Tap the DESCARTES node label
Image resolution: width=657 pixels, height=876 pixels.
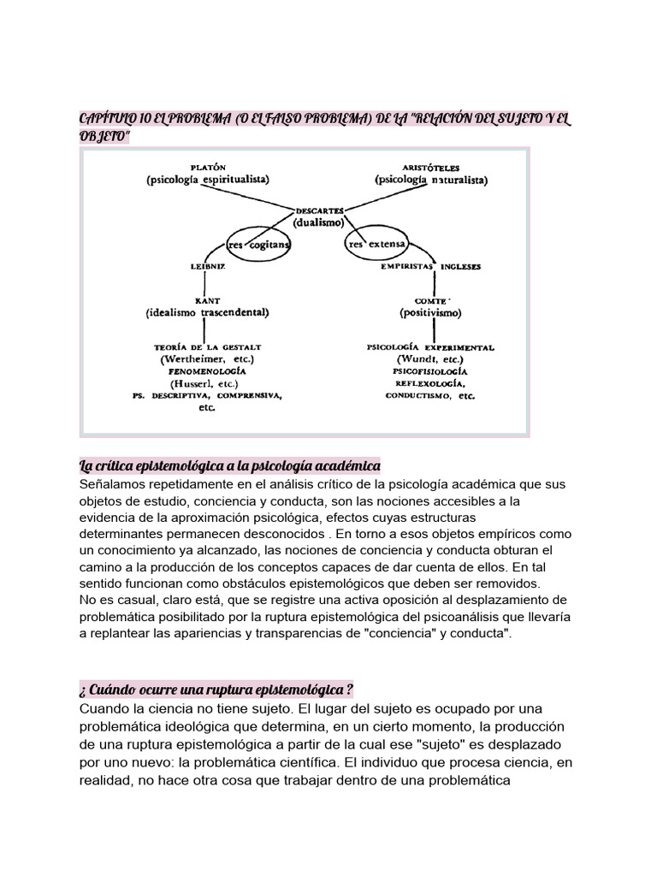click(x=319, y=210)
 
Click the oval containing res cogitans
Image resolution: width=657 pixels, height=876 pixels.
click(x=259, y=244)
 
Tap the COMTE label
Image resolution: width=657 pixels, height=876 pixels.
click(x=430, y=300)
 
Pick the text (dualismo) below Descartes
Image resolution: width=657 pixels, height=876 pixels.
click(x=319, y=222)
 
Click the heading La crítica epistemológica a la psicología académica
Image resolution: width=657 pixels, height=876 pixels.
click(x=228, y=465)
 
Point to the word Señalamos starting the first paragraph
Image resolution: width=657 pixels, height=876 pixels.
click(x=114, y=484)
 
